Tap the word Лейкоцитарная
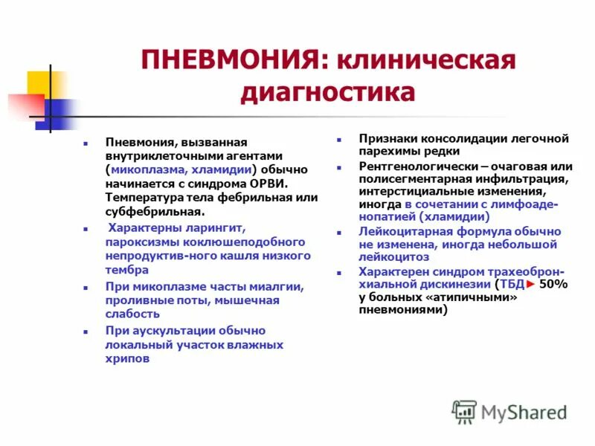[403, 231]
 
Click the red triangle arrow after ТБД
[530, 285]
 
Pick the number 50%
[553, 285]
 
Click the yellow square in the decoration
[39, 83]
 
